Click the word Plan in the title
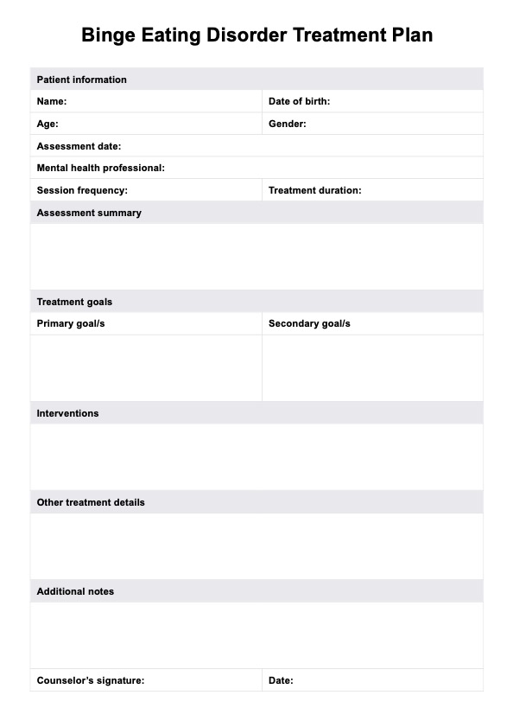tap(410, 35)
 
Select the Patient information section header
tap(81, 80)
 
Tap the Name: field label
tap(51, 101)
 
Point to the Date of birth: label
tap(299, 101)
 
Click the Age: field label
tap(47, 124)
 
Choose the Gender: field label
tap(287, 124)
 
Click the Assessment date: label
tap(79, 146)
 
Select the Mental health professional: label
tap(100, 168)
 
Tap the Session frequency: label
tap(82, 190)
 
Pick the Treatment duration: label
tap(314, 190)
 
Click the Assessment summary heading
tap(89, 213)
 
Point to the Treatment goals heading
tap(74, 302)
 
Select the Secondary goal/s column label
tap(309, 323)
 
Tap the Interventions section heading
tap(67, 413)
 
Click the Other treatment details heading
tap(91, 502)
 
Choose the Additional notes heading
tap(75, 591)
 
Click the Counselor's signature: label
tap(90, 680)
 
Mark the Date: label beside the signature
tap(281, 680)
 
